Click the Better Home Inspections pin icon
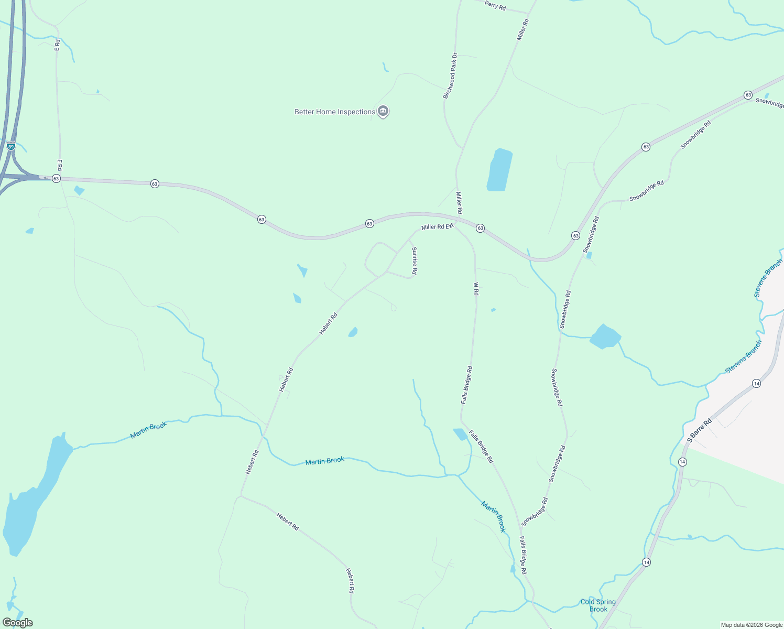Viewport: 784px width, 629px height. (383, 111)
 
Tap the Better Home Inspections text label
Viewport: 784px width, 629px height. (334, 112)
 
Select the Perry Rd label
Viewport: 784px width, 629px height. (495, 5)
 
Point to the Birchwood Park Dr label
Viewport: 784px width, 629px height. (450, 75)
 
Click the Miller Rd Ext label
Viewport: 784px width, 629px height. (437, 227)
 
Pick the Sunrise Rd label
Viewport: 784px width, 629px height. (414, 261)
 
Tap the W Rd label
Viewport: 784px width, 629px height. (476, 289)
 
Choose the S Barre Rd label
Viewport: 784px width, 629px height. (700, 430)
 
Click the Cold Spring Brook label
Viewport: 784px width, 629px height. (598, 605)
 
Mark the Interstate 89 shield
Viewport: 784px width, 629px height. (11, 146)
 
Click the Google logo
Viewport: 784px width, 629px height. (17, 623)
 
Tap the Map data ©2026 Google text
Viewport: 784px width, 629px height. (752, 625)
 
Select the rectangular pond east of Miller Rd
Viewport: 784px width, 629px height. (499, 170)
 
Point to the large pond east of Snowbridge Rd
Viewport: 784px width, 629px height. (605, 337)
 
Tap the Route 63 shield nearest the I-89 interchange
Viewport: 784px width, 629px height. (56, 179)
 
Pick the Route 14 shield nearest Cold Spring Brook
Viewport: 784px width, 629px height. (646, 562)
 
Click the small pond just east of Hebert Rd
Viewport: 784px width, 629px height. (353, 332)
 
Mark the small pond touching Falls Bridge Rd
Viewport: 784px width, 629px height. (460, 434)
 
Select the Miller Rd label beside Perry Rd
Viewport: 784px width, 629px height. (522, 29)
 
